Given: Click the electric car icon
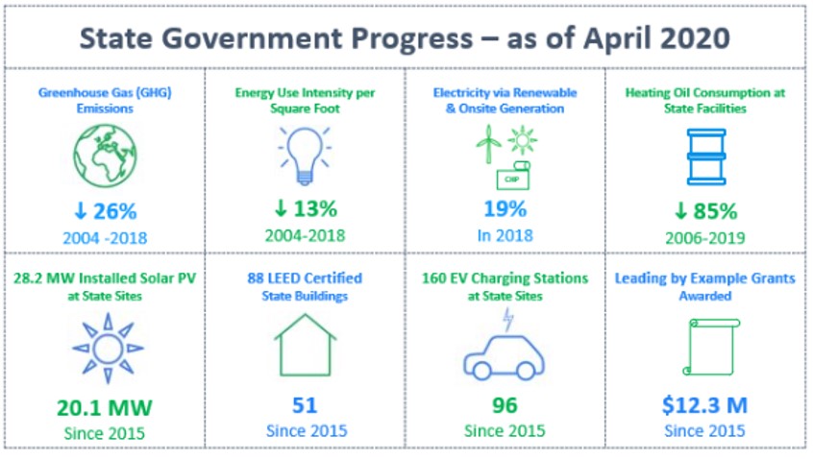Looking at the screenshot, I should [504, 358].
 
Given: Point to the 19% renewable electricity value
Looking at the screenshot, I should [505, 209].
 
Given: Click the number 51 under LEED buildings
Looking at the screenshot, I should [304, 404].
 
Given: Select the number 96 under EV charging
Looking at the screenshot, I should [505, 404].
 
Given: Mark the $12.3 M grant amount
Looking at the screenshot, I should [704, 404].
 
